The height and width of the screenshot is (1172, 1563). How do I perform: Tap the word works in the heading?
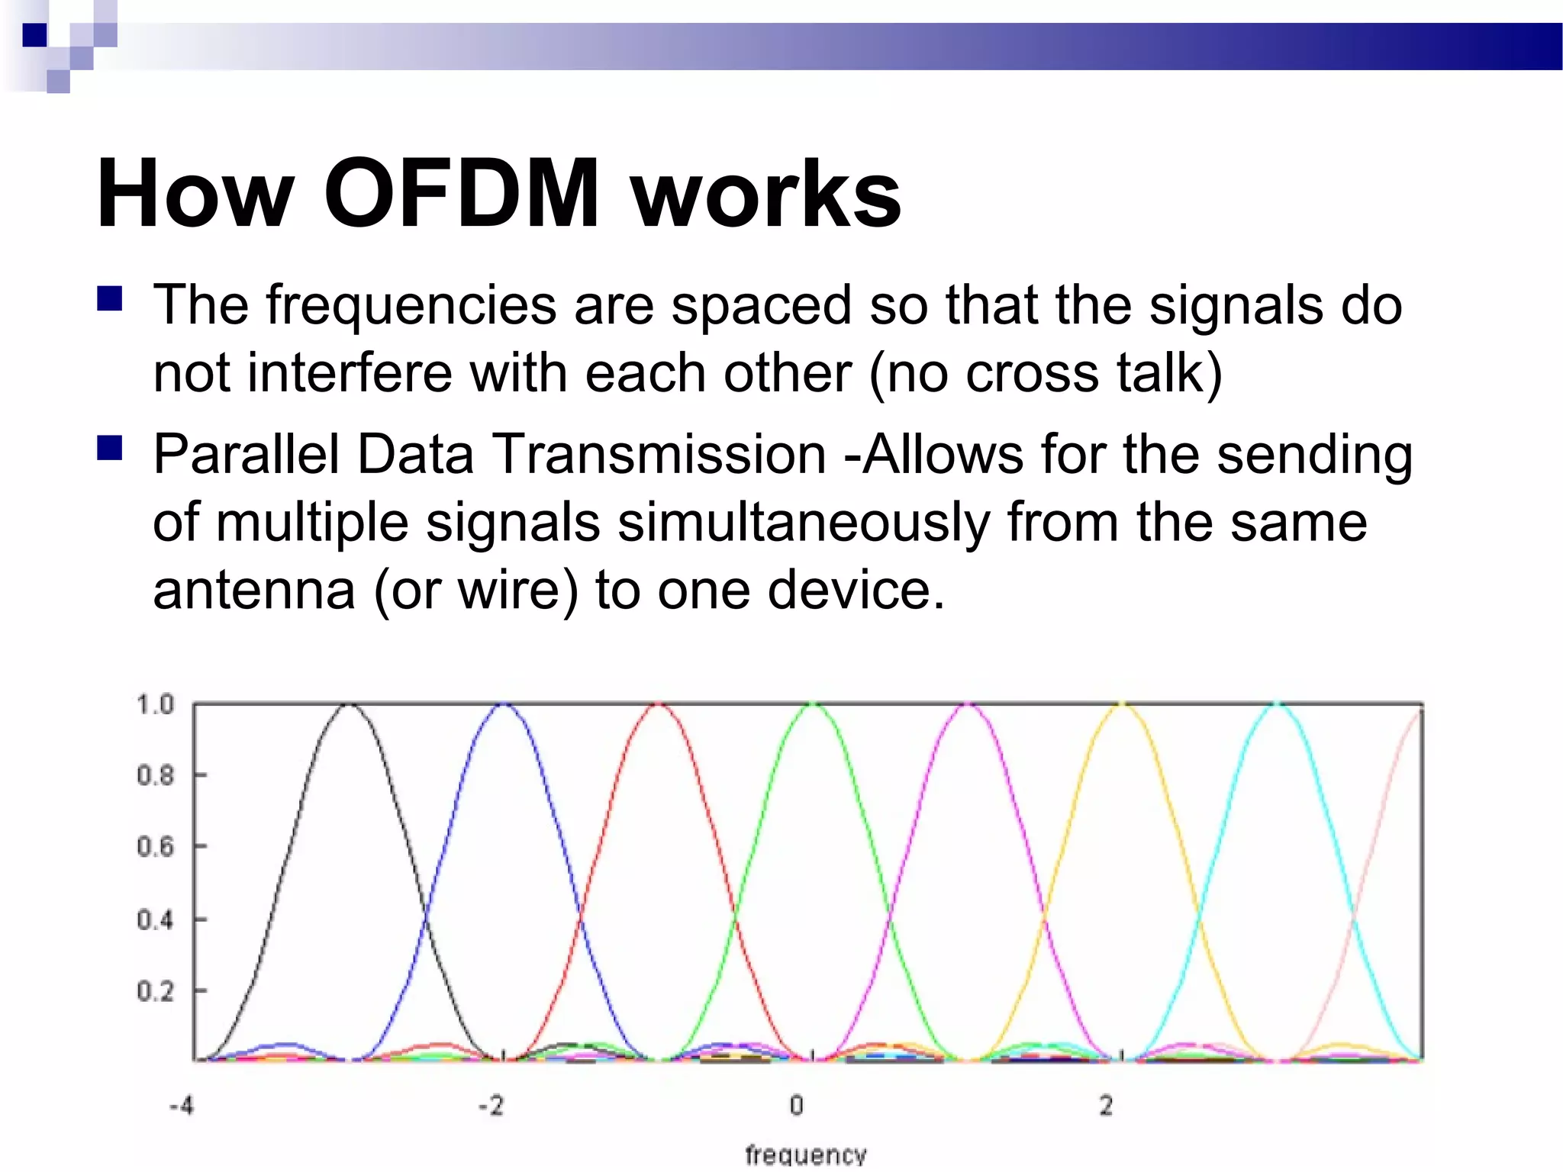[766, 195]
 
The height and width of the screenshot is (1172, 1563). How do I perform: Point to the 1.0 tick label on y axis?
[155, 704]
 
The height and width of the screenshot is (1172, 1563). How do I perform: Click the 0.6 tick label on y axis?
[155, 847]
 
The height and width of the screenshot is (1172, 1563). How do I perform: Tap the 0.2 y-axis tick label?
[155, 991]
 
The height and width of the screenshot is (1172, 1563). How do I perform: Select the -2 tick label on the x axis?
[491, 1105]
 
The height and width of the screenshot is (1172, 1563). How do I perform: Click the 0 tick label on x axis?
[796, 1105]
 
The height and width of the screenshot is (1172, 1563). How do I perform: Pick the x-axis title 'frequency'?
[806, 1154]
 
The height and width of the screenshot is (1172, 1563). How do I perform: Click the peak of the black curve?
[350, 706]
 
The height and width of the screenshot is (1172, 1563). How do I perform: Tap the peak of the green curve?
[814, 706]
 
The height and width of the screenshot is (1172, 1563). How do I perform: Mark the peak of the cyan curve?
[1276, 706]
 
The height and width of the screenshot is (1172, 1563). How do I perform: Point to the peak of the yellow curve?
[1122, 706]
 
